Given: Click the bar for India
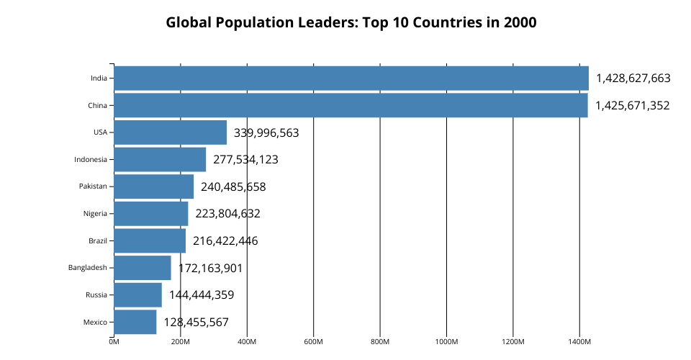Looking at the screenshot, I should coord(351,78).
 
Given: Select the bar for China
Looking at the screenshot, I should coord(351,105).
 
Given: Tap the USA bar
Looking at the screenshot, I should coord(170,132).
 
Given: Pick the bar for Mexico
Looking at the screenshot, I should coord(135,322).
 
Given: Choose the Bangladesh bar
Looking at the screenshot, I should coord(143,268).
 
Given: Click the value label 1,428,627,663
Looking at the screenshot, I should coord(633,78).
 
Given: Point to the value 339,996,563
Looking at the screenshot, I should coord(266,132).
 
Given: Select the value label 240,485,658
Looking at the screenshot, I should coord(233,186).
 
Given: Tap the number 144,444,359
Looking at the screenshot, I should coord(202,294).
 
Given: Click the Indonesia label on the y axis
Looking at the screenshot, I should coord(90,159).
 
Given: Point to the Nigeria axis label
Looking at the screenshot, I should coord(95,213).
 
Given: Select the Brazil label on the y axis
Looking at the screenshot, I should coord(97,240).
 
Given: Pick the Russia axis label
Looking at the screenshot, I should coord(96,294).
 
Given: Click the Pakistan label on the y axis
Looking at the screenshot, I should coord(93,186).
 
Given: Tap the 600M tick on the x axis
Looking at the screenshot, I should coord(313,341).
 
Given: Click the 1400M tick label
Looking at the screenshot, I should coord(579,341).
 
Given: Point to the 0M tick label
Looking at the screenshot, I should coord(114,341).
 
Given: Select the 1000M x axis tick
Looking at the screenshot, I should coord(446,341).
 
